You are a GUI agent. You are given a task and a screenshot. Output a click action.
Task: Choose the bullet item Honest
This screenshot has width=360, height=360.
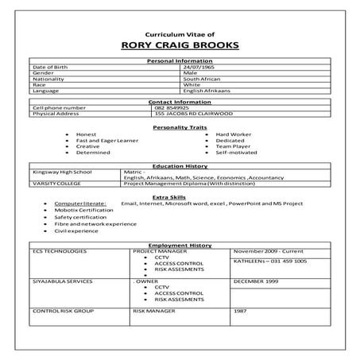[86, 134]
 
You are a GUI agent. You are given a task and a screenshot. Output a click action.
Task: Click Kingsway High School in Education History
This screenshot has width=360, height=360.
[62, 172]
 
